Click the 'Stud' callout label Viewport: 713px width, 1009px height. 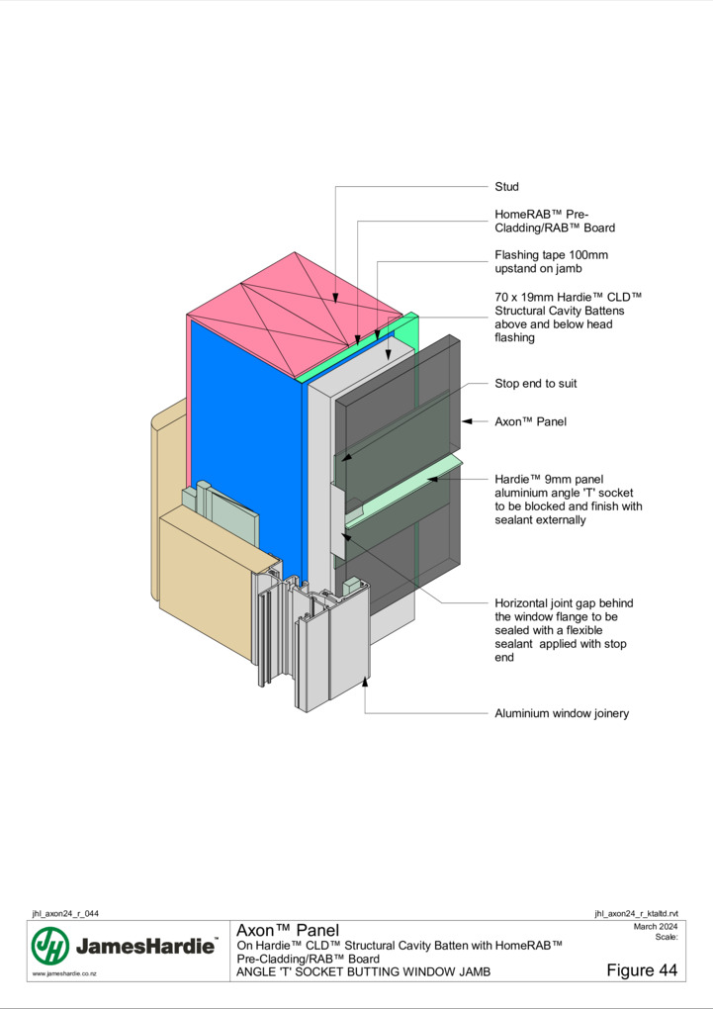tap(506, 187)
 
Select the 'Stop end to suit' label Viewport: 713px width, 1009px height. tap(535, 384)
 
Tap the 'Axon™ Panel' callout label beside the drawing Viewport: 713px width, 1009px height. tap(530, 421)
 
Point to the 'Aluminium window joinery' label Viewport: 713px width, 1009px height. tap(562, 713)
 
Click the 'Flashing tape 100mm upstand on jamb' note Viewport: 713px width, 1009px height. tap(551, 261)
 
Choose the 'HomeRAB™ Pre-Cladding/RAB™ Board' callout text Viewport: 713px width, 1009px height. tap(555, 221)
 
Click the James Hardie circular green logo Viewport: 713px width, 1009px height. tap(50, 946)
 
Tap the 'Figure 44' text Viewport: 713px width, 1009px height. tap(642, 969)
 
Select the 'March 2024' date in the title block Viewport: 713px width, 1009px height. tap(656, 927)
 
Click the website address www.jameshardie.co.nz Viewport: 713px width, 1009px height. tap(64, 973)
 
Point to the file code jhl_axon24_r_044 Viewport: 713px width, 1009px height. tap(65, 913)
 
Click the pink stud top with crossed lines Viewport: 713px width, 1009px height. tap(295, 315)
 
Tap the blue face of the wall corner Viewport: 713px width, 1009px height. tap(246, 444)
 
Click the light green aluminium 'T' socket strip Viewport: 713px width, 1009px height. tap(403, 493)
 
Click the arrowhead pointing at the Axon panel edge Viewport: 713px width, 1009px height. tap(468, 421)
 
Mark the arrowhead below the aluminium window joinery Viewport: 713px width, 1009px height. tap(365, 681)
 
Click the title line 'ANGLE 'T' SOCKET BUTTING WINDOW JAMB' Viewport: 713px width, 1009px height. tap(363, 971)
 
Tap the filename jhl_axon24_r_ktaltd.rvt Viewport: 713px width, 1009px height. tap(636, 913)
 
